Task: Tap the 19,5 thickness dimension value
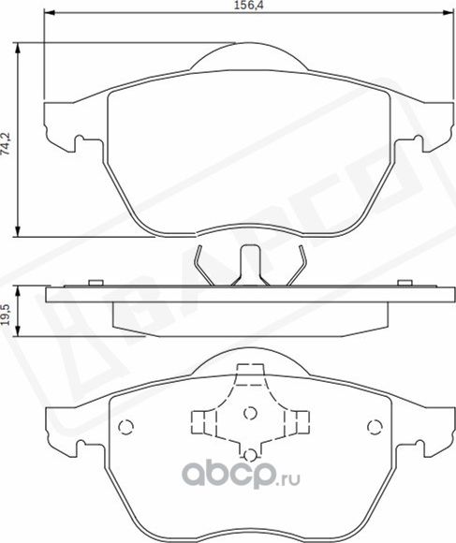click(7, 311)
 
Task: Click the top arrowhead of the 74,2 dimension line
click(22, 46)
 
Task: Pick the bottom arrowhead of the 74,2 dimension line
click(22, 233)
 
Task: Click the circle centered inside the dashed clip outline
click(248, 413)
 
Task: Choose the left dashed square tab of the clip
click(200, 419)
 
